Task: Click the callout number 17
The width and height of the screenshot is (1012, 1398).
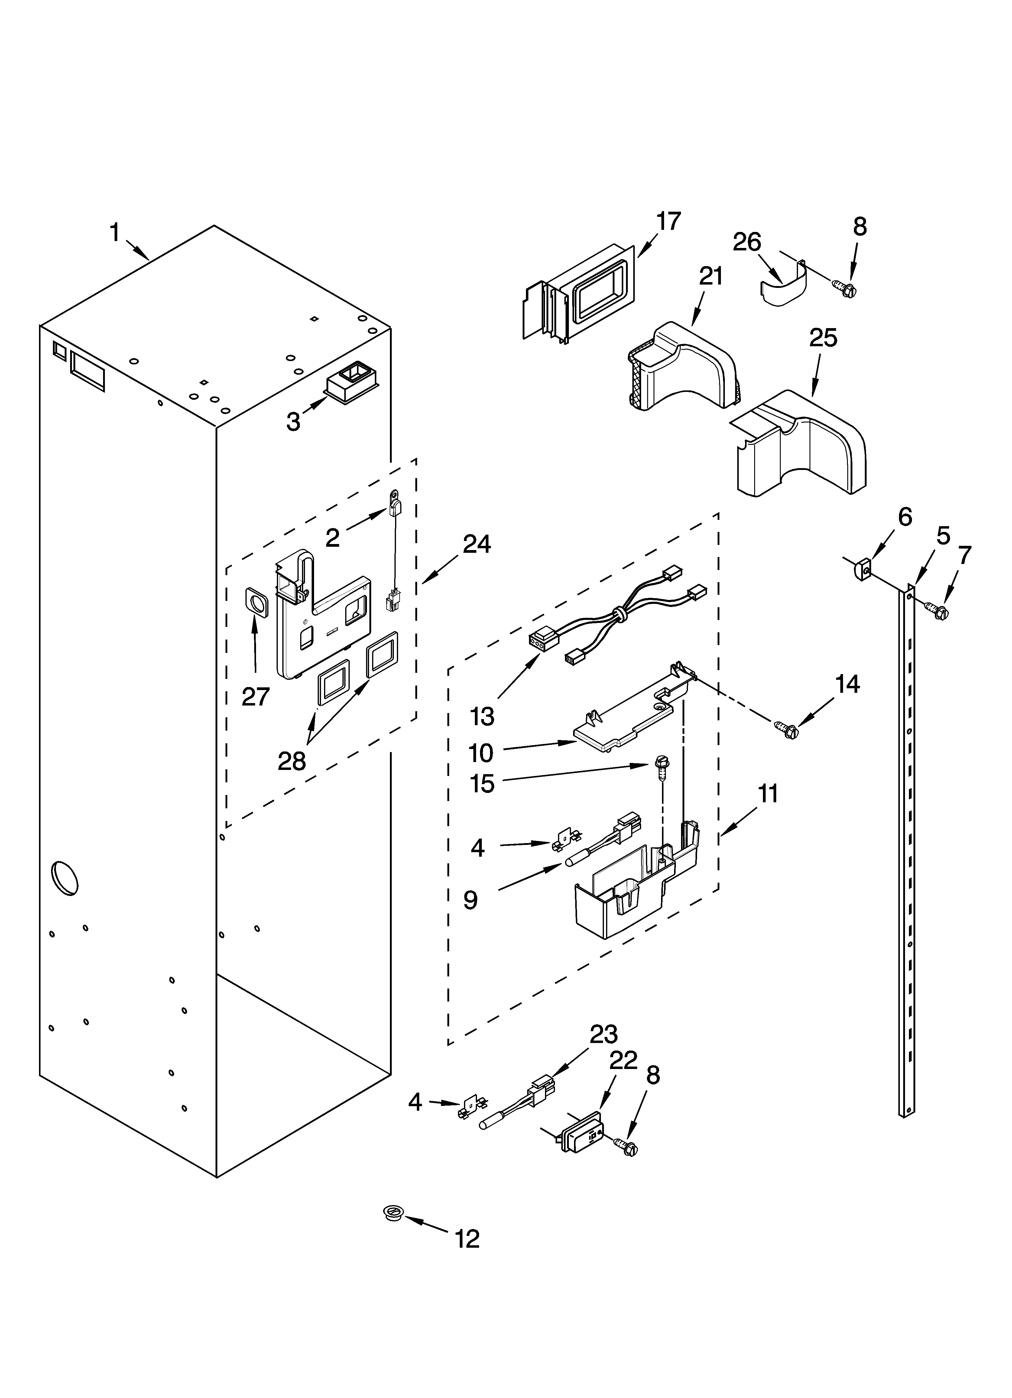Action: point(668,221)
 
